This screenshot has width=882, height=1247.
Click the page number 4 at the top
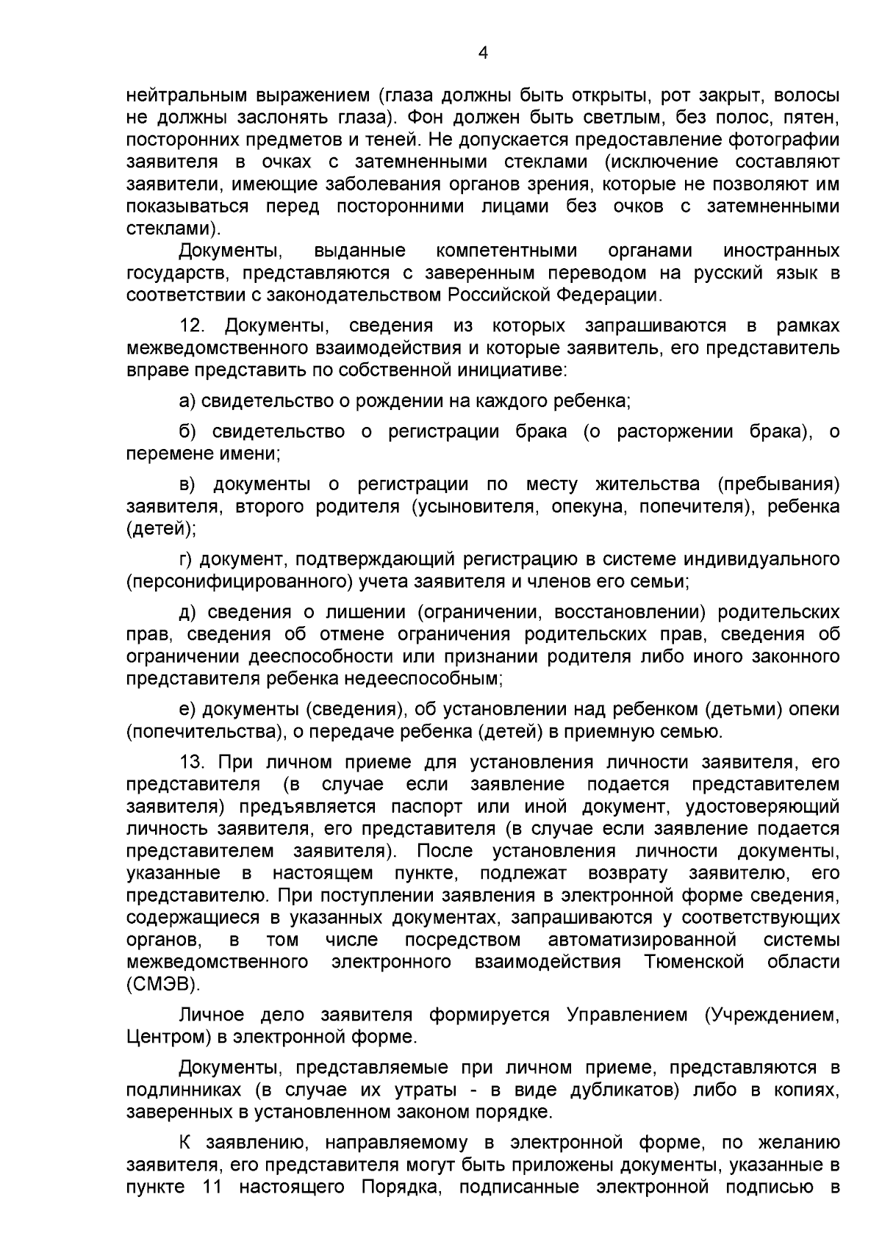point(483,52)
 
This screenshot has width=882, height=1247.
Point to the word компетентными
point(506,251)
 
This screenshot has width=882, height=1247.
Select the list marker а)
point(187,402)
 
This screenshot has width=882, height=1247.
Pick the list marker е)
point(187,710)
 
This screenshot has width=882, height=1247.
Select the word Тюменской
point(694,963)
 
